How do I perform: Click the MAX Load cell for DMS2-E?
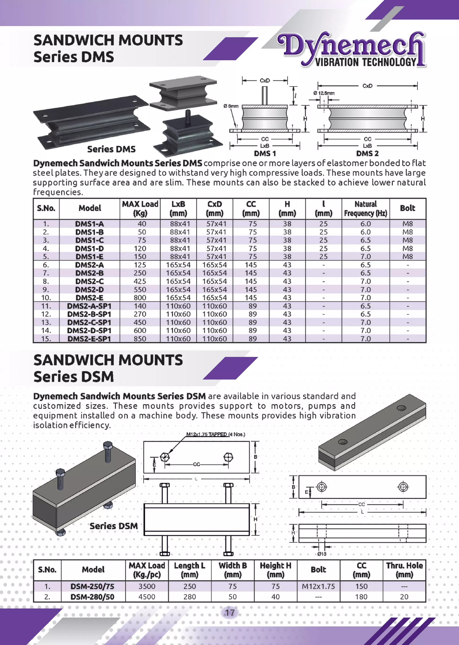pyautogui.click(x=140, y=298)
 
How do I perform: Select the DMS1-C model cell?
pyautogui.click(x=89, y=240)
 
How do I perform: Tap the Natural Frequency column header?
pyautogui.click(x=366, y=209)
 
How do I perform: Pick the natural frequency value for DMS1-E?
pyautogui.click(x=366, y=257)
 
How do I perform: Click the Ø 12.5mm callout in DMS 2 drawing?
pyautogui.click(x=324, y=93)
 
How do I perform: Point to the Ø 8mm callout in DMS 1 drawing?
pyautogui.click(x=231, y=106)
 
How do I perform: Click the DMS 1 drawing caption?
pyautogui.click(x=265, y=153)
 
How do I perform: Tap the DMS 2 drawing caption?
pyautogui.click(x=367, y=153)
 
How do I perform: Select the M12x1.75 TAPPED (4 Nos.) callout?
pyautogui.click(x=215, y=434)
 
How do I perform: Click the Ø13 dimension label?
pyautogui.click(x=322, y=554)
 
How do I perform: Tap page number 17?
pyautogui.click(x=229, y=613)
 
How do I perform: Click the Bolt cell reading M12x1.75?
pyautogui.click(x=318, y=586)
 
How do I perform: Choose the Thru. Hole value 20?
pyautogui.click(x=404, y=597)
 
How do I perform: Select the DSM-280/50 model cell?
pyautogui.click(x=92, y=597)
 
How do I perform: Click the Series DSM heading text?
pyautogui.click(x=74, y=376)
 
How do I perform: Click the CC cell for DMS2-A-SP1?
pyautogui.click(x=252, y=306)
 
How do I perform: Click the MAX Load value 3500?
pyautogui.click(x=147, y=586)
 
